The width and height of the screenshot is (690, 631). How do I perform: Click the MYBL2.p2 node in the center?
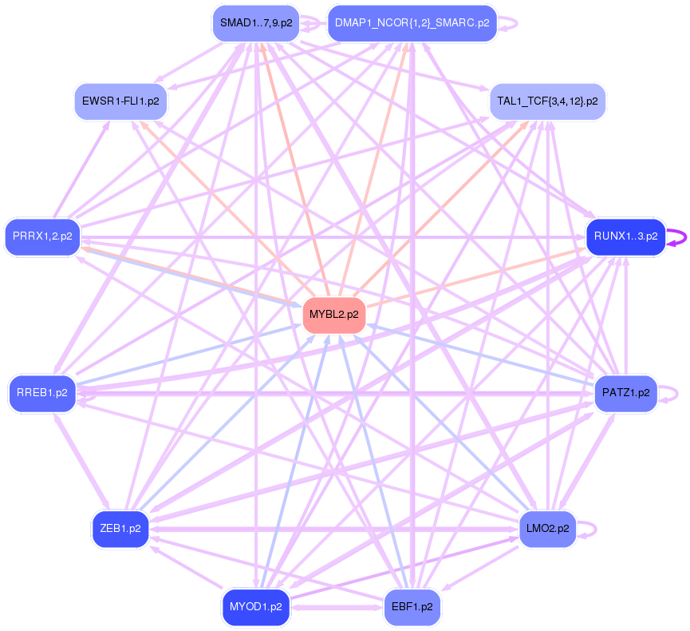tap(334, 315)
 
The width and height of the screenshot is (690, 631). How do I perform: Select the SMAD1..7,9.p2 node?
tap(254, 23)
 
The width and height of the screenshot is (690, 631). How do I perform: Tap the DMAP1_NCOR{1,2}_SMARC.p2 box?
tap(412, 22)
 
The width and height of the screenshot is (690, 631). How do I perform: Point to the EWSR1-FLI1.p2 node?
tap(120, 101)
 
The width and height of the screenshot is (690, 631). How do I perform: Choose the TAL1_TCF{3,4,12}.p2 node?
tap(547, 101)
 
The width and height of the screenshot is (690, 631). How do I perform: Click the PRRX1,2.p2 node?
tap(42, 236)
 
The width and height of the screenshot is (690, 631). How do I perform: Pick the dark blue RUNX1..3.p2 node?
tap(625, 236)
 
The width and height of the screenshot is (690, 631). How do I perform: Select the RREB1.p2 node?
tap(42, 393)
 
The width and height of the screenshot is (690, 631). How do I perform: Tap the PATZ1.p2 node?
tap(625, 393)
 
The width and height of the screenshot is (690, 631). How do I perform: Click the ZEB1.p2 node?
tap(120, 528)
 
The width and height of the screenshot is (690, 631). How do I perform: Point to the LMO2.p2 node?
tap(547, 528)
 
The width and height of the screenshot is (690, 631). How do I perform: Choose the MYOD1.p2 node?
tap(255, 606)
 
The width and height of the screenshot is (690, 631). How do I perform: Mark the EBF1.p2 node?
tap(412, 606)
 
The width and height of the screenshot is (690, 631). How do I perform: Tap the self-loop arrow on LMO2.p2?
tap(590, 528)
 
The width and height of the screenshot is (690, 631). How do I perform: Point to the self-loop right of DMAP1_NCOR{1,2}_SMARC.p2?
tap(513, 22)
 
